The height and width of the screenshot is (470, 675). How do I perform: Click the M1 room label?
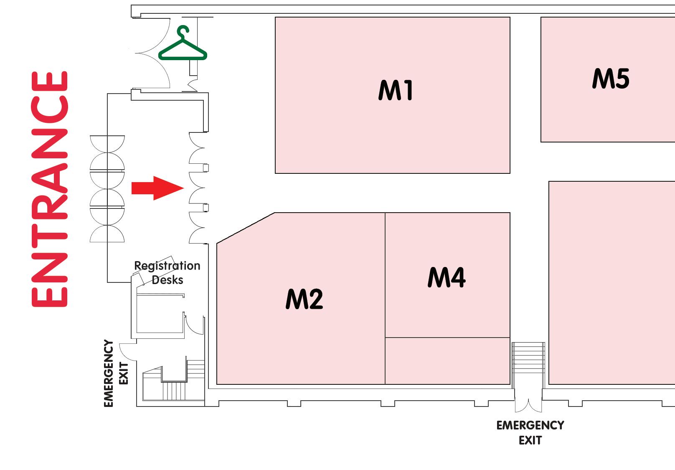[396, 91]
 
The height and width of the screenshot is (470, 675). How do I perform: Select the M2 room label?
[304, 299]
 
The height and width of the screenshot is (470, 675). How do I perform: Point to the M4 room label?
[446, 278]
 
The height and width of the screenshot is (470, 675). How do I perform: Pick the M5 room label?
[610, 79]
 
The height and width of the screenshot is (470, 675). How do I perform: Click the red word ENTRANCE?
[49, 189]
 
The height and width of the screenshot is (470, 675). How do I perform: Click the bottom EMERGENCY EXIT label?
[530, 432]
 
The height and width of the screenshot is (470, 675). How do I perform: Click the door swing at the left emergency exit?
[127, 351]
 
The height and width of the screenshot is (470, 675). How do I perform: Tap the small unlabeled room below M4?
[447, 360]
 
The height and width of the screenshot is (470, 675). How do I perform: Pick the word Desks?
[167, 280]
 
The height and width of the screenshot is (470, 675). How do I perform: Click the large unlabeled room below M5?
[612, 282]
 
